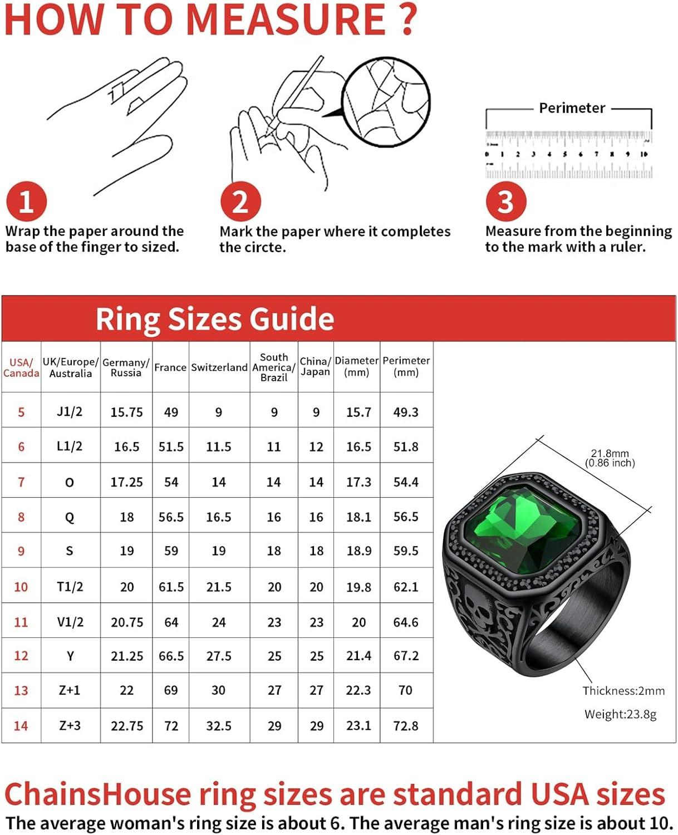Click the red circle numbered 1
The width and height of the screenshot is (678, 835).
point(26,201)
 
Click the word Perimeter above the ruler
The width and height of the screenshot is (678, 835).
point(572,108)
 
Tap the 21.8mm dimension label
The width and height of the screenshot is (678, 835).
point(610,453)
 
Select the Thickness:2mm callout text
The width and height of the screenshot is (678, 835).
point(623,691)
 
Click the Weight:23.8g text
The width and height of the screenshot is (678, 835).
point(620,714)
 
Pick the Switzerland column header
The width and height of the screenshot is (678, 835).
point(219,367)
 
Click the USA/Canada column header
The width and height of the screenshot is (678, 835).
point(21,367)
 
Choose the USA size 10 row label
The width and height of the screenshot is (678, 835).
point(21,587)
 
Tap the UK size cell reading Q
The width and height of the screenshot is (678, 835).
point(70,517)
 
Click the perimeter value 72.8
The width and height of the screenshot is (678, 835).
point(406,726)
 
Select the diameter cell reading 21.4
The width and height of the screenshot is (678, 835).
point(358,656)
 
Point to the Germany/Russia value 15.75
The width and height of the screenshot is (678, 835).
point(126,412)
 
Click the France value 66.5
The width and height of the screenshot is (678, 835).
point(171,656)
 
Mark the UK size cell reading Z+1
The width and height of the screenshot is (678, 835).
point(70,691)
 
